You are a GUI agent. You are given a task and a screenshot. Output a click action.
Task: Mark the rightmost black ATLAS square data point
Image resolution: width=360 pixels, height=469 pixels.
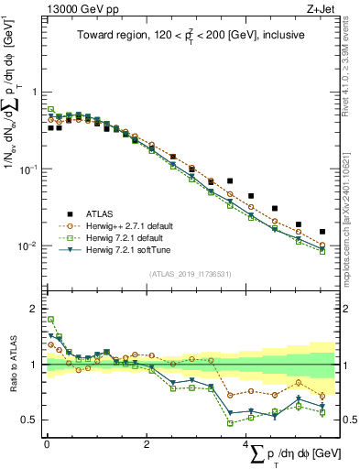[322, 232]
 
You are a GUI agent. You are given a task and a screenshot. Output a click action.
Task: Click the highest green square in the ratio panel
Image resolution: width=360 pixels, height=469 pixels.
[50, 320]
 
